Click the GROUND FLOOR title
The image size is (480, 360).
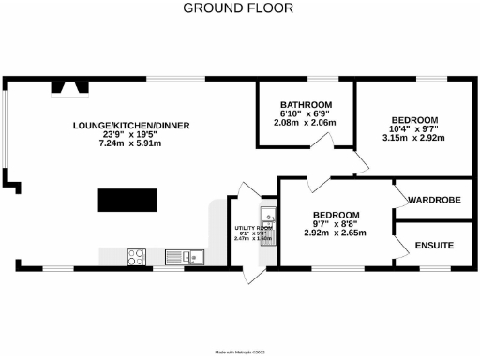[237, 8]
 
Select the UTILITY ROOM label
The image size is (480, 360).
[252, 228]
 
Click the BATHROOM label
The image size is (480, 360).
[307, 104]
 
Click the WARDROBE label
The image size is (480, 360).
[432, 200]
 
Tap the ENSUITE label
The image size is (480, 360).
[432, 246]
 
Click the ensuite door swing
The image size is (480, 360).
[402, 246]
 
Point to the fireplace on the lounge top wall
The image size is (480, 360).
[68, 88]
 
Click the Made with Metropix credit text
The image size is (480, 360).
[239, 352]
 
